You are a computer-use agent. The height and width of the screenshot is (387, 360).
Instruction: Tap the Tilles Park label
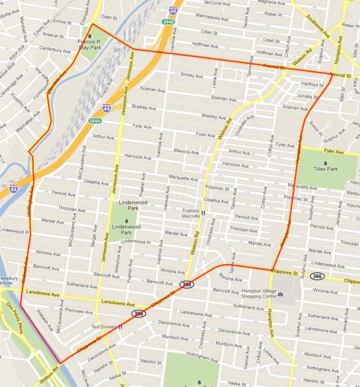coord(326,170)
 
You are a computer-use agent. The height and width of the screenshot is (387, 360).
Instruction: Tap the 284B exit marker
coord(168,22)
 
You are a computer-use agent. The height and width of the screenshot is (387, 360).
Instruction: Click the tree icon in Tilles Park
coord(326,162)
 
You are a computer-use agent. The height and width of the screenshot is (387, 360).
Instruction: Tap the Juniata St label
coord(308,96)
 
